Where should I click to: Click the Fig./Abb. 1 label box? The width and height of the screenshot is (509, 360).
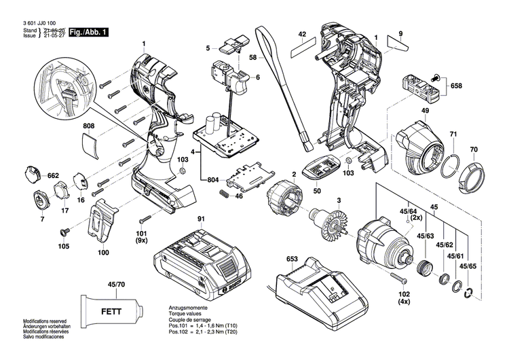point(88,32)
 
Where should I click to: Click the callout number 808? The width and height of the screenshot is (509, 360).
point(89,126)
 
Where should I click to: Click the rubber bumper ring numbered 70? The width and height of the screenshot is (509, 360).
point(470,179)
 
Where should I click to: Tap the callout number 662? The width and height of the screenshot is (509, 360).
point(53,175)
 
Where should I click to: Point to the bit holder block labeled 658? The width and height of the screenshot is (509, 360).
point(420,86)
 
